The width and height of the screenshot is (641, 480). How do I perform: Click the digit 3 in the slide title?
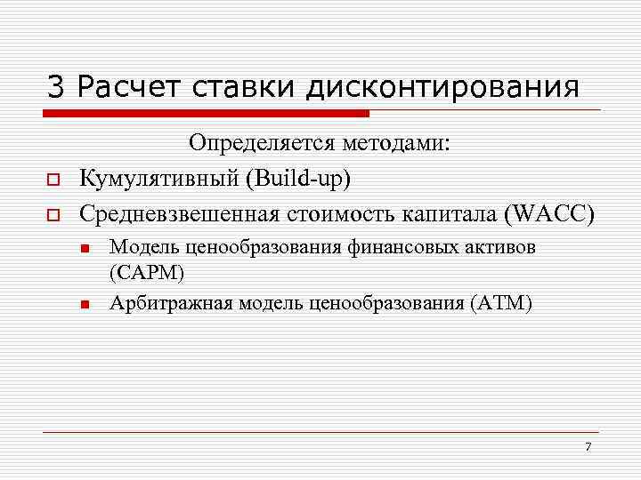coord(56,86)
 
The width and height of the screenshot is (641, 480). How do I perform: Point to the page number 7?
coord(588,445)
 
